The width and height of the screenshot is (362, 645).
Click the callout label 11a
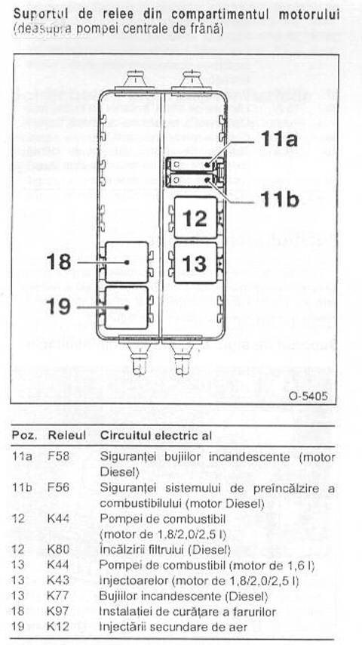[x=279, y=139]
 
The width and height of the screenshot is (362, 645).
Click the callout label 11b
[x=279, y=199]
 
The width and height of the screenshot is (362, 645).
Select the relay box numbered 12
[x=195, y=218]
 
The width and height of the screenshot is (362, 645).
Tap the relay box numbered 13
[x=195, y=262]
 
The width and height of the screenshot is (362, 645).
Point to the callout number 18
[x=59, y=261]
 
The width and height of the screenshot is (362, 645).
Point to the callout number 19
[x=59, y=307]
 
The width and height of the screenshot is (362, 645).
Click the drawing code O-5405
[x=308, y=396]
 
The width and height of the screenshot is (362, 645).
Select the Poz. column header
[x=25, y=435]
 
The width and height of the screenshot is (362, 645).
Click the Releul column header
[x=67, y=435]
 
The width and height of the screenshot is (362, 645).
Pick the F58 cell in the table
[x=58, y=457]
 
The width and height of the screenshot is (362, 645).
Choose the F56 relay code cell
[x=58, y=487]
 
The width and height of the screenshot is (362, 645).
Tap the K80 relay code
[x=58, y=549]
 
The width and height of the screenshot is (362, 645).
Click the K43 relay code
[x=58, y=580]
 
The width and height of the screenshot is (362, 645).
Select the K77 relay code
[x=58, y=596]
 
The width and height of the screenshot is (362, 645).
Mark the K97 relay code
[x=58, y=611]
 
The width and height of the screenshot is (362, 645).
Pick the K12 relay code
[x=58, y=626]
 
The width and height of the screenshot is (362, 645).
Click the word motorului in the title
[x=309, y=14]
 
